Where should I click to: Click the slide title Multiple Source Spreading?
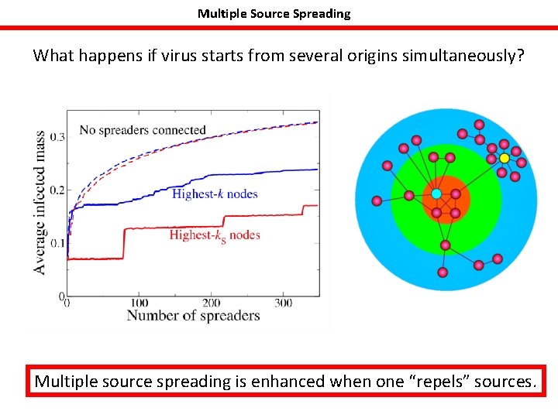point(274,13)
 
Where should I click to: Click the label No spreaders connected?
point(142,130)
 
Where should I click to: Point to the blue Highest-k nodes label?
point(215,194)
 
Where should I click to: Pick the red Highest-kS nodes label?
point(215,235)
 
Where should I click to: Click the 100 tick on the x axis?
point(139,303)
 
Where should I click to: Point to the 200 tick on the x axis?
point(211,303)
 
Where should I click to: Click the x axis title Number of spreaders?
point(193,315)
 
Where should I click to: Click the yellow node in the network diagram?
point(504,158)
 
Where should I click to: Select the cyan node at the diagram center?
point(436,193)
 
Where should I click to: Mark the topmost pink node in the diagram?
point(479,125)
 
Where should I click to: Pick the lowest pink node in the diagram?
point(442,272)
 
